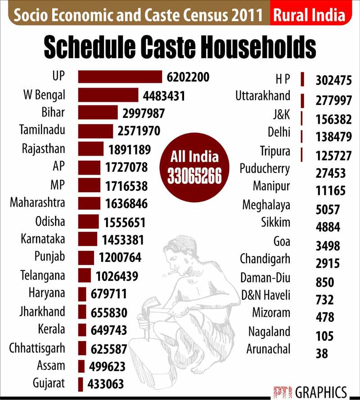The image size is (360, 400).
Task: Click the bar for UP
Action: [120, 77]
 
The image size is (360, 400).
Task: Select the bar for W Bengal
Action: [108, 95]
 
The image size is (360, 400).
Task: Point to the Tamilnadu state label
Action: [42, 130]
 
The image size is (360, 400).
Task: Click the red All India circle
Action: [194, 166]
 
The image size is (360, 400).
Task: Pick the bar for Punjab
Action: [86, 257]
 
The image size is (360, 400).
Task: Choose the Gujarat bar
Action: [81, 384]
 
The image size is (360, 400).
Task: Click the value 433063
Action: [106, 385]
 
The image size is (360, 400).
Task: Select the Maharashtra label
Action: [37, 202]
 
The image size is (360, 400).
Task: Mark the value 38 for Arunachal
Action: [322, 354]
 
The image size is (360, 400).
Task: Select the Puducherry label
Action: [265, 169]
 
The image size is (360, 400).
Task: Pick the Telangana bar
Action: [85, 275]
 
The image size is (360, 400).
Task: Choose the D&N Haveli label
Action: [265, 296]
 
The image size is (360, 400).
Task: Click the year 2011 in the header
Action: [245, 16]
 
